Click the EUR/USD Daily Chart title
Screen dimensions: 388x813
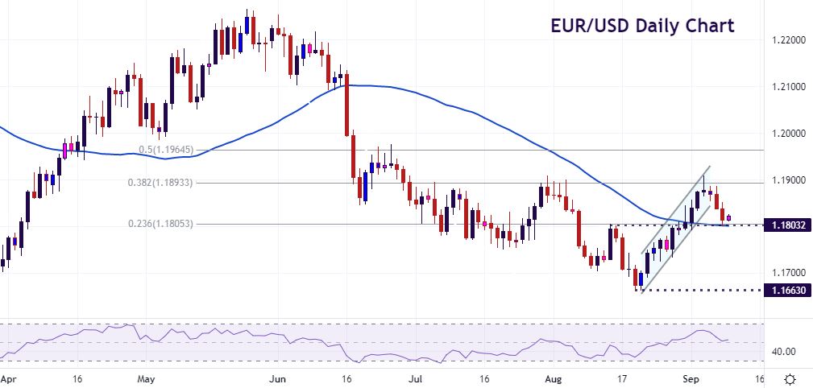click(642, 25)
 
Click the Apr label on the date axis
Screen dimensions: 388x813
click(9, 377)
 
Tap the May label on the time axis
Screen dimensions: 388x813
click(146, 377)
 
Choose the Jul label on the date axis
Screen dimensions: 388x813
click(415, 377)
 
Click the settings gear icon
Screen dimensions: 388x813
click(791, 378)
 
